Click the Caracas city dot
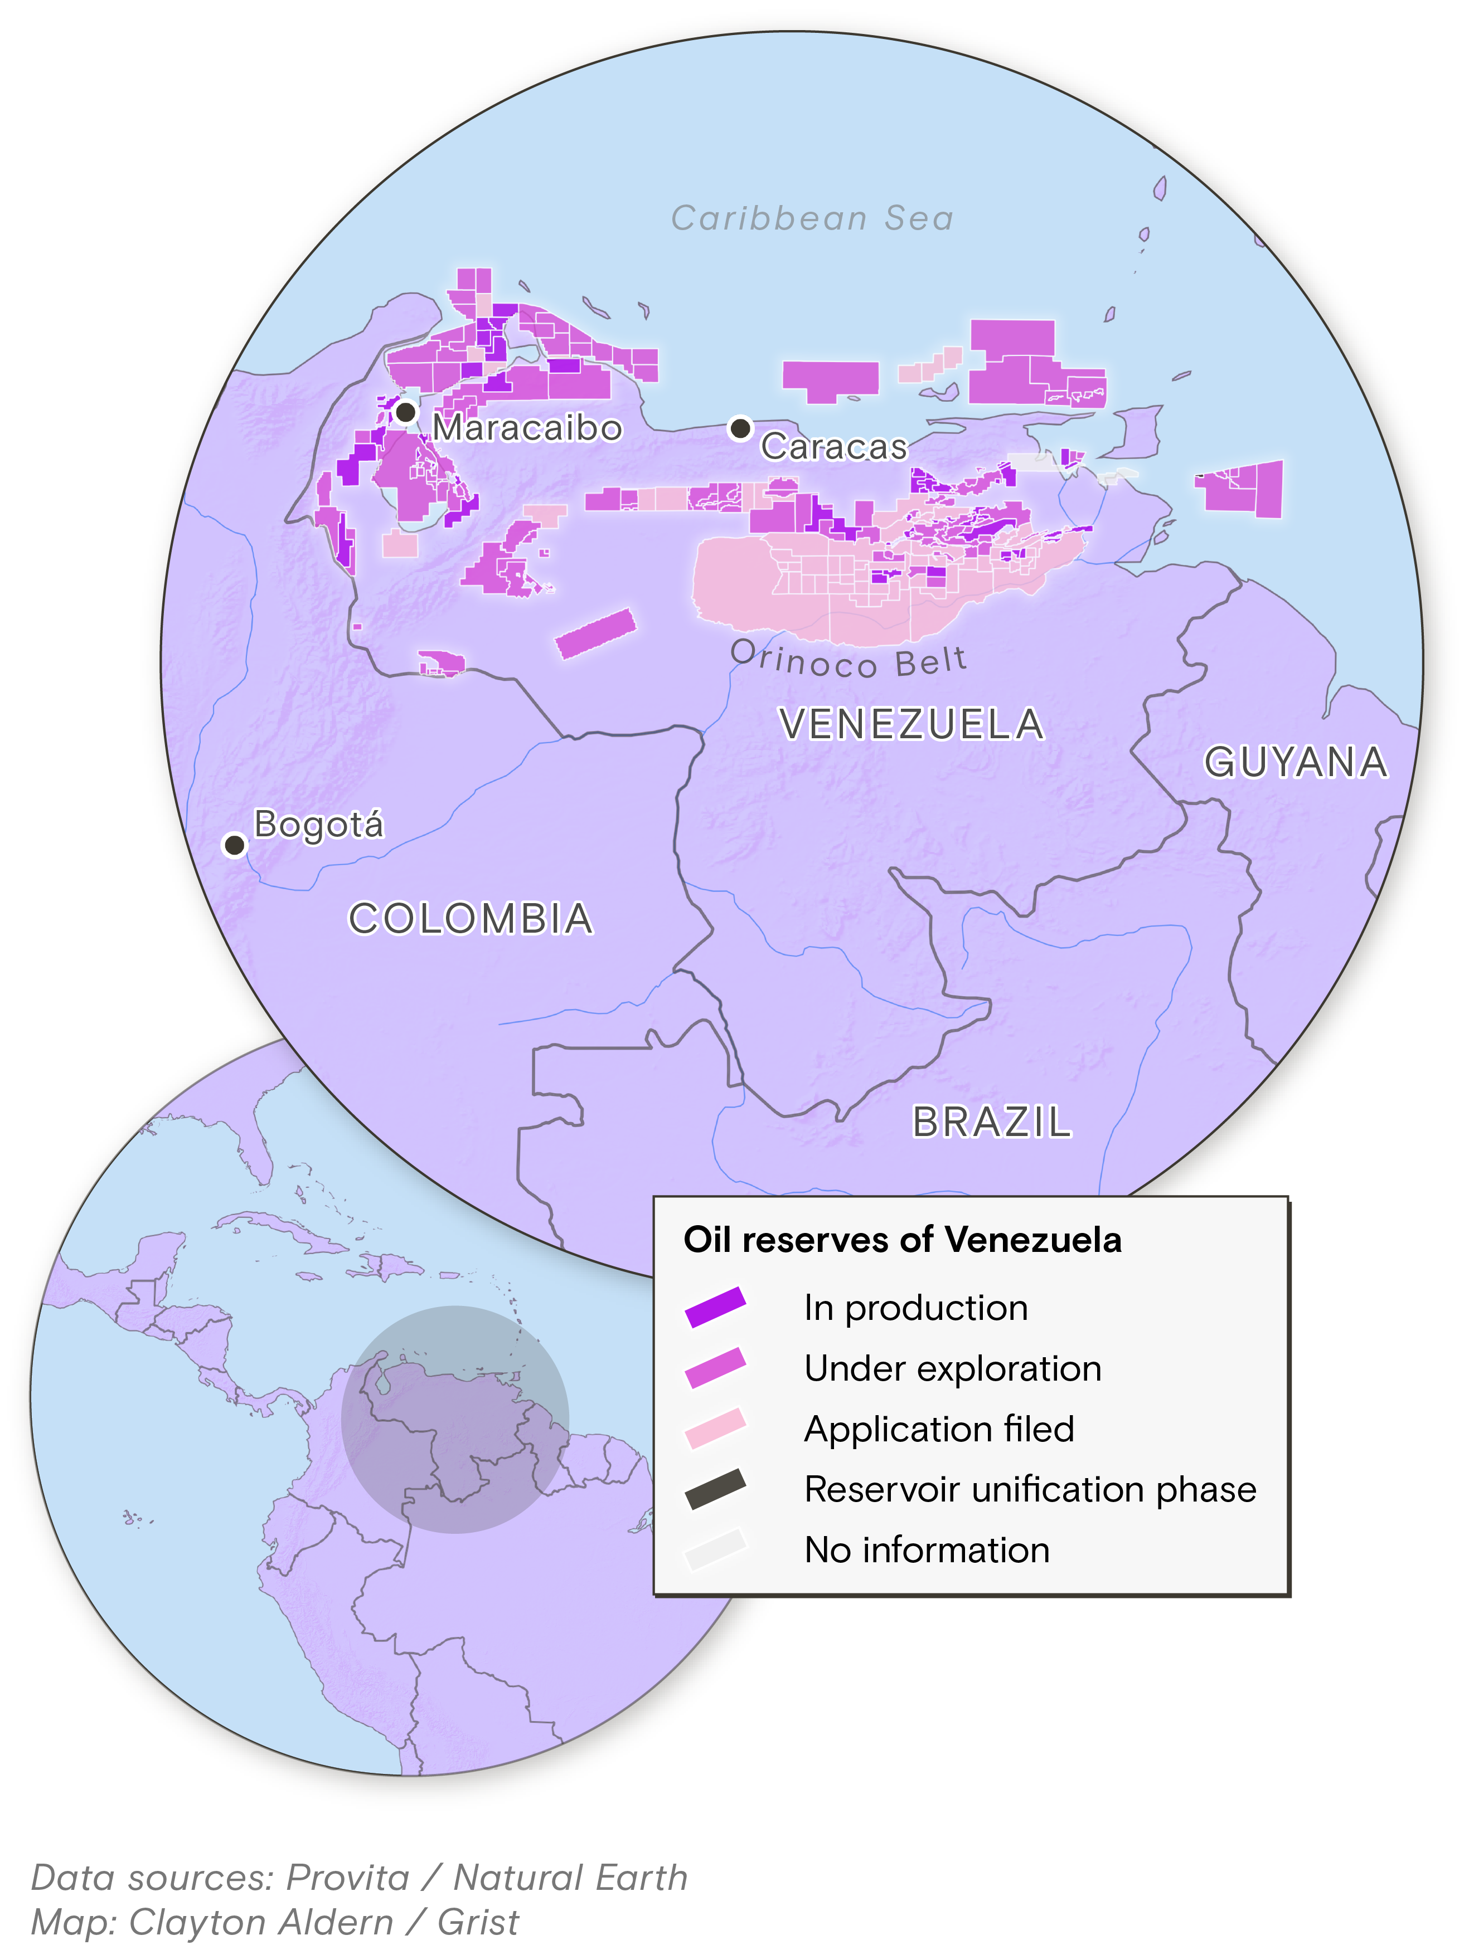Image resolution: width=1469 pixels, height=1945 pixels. (741, 428)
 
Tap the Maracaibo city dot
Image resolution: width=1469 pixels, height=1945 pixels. (405, 412)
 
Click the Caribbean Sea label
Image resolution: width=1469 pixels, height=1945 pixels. (812, 218)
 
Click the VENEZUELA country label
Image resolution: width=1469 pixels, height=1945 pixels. (912, 724)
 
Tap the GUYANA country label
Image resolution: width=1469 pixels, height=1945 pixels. (1295, 762)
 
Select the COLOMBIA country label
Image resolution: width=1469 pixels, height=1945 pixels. (471, 919)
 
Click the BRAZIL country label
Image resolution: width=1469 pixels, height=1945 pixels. (991, 1122)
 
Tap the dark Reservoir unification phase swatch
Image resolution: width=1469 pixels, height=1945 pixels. (715, 1489)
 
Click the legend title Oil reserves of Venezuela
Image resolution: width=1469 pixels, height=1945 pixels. (903, 1240)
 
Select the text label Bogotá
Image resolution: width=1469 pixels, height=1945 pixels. (318, 825)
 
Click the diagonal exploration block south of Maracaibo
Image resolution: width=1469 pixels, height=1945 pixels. (595, 633)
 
